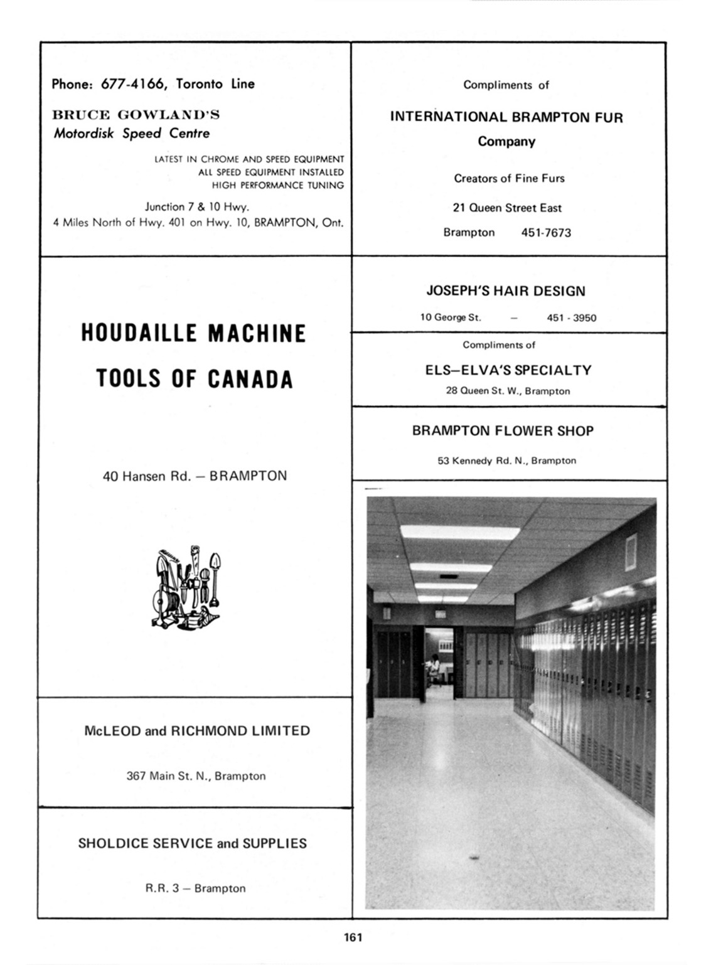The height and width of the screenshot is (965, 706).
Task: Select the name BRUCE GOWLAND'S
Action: point(136,115)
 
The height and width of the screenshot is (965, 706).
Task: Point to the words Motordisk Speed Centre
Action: point(132,133)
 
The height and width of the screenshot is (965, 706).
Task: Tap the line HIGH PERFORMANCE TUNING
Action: point(278,185)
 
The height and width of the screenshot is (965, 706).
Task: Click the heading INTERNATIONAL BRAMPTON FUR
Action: point(506,117)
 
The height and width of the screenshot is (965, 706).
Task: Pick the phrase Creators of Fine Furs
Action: point(509,178)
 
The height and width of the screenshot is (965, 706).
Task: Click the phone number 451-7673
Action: point(546,233)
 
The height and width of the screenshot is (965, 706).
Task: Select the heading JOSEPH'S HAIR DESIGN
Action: point(506,291)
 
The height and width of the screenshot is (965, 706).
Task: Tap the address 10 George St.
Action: point(451,317)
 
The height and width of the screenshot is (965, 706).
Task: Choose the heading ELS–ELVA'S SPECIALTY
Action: point(508,370)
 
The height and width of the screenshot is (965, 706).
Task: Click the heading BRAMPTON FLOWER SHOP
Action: point(503,431)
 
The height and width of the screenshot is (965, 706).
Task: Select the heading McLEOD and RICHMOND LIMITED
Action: point(197,731)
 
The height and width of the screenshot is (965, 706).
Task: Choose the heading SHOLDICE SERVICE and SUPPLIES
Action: point(193,843)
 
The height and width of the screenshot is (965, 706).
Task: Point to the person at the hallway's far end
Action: point(434,666)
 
